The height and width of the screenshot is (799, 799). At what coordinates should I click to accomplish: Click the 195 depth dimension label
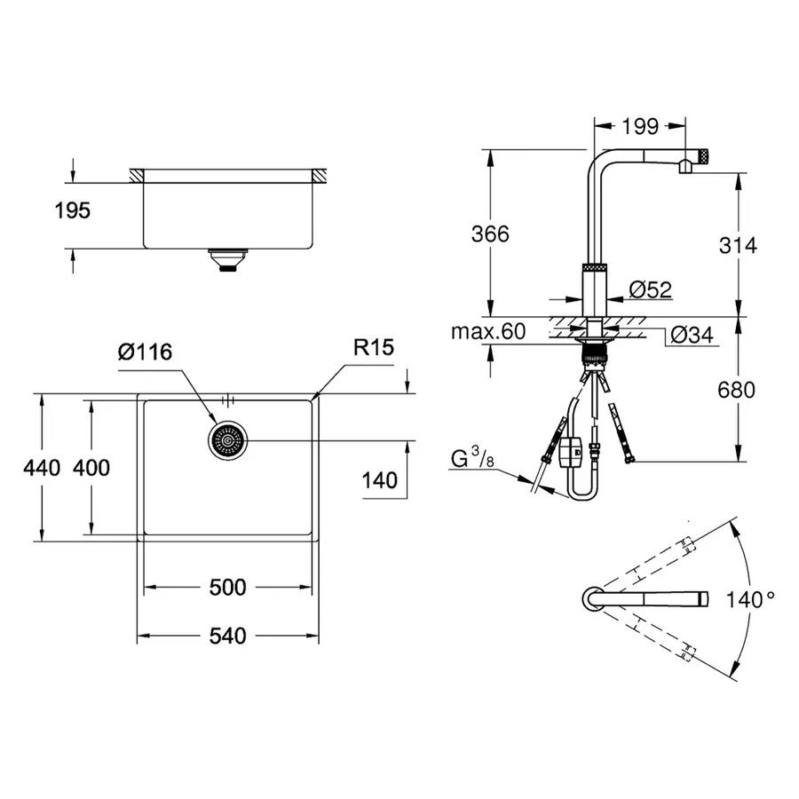(71, 211)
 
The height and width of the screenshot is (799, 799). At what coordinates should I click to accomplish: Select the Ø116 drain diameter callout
(144, 352)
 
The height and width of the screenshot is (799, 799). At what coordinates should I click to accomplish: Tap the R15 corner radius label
(373, 348)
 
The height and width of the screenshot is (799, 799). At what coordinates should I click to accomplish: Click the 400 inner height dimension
(91, 467)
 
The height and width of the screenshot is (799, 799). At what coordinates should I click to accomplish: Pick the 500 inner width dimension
(228, 588)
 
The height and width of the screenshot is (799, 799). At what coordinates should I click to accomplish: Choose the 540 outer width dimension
(228, 636)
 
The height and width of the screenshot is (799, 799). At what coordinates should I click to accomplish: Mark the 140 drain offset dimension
(379, 480)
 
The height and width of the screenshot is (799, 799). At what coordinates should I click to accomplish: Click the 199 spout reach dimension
(639, 126)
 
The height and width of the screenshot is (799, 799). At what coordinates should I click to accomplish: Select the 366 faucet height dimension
(490, 233)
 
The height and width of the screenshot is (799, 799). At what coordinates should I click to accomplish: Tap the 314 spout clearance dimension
(737, 245)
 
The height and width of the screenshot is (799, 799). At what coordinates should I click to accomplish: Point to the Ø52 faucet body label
(650, 289)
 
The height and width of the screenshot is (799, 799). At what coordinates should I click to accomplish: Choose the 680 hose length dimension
(737, 389)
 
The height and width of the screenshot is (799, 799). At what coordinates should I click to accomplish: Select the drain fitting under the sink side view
(228, 259)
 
